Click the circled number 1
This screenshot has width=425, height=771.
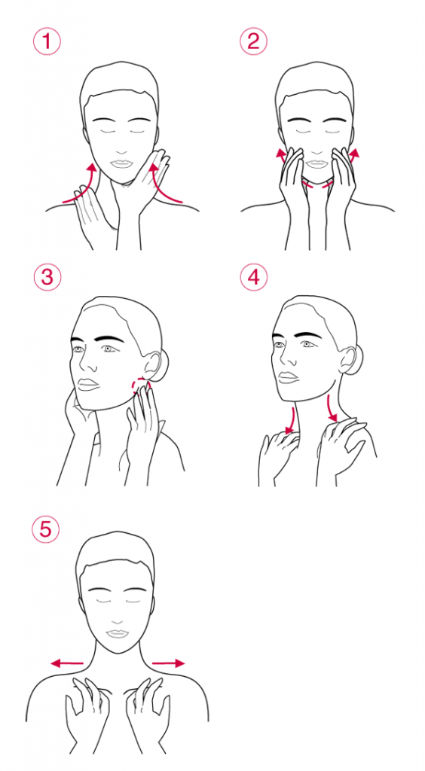click(47, 41)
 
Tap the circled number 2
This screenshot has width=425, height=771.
click(253, 41)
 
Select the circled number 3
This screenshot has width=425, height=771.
click(47, 278)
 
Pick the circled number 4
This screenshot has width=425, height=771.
click(254, 278)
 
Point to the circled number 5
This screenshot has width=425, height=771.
click(45, 529)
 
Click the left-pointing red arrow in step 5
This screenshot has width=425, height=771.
click(67, 663)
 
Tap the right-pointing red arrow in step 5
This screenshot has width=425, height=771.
click(168, 663)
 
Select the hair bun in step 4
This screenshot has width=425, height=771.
click(355, 358)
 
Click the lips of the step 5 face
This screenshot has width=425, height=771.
click(117, 632)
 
